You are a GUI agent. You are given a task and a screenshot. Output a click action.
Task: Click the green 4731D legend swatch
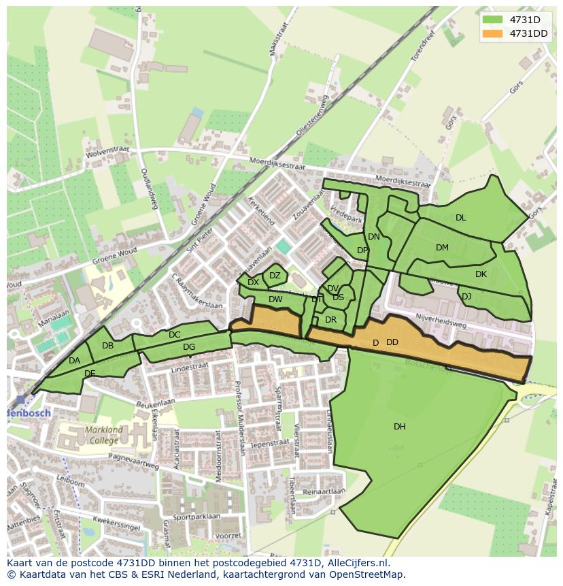492,20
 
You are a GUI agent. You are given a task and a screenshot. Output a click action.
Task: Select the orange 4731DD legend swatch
492,33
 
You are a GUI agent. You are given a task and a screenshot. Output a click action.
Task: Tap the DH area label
400,427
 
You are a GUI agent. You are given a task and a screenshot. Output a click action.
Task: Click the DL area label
461,218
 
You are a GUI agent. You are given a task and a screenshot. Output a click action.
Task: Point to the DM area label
443,248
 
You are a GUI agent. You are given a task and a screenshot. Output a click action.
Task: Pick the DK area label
481,274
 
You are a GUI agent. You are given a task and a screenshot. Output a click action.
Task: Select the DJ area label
466,297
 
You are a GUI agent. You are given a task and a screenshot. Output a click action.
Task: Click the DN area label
374,237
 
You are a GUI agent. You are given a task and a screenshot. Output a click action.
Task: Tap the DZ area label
275,276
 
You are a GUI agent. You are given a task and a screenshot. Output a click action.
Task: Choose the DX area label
253,282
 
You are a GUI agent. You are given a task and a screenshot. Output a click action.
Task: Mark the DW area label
275,299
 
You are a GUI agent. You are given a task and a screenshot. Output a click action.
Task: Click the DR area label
331,320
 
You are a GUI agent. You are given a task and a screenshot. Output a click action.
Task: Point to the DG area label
189,347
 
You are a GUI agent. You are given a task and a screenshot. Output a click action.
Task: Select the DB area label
107,346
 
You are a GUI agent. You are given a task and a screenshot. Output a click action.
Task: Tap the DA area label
75,361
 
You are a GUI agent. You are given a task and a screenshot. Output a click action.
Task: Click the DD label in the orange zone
392,342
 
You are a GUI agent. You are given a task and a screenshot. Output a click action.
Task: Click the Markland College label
104,434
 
